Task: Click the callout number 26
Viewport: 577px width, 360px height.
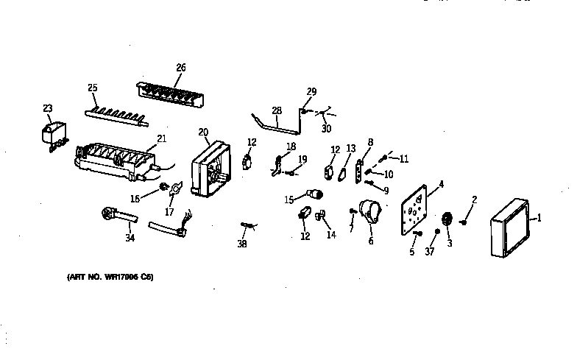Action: pyautogui.click(x=180, y=68)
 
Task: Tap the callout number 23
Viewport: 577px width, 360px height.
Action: pyautogui.click(x=48, y=108)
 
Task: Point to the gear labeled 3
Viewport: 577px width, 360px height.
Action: pyautogui.click(x=446, y=220)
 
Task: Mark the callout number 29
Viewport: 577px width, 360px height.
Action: pyautogui.click(x=311, y=91)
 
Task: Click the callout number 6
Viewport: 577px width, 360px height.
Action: pyautogui.click(x=371, y=240)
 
